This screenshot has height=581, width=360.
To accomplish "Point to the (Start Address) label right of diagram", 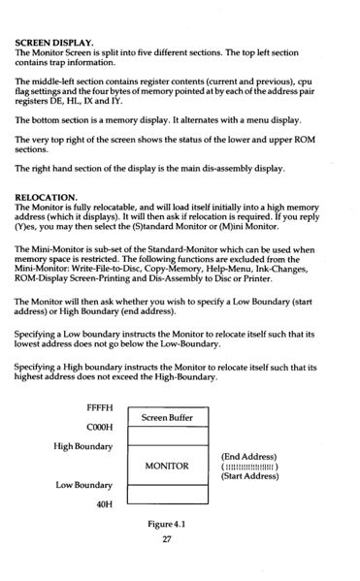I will pyautogui.click(x=251, y=476).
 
